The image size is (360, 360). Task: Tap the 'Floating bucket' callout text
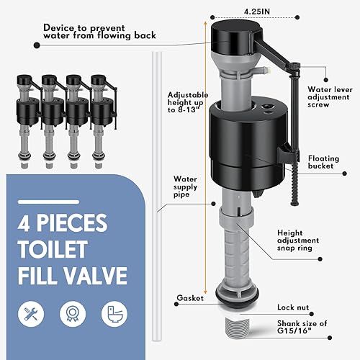(328, 163)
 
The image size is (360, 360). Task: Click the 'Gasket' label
(189, 297)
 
